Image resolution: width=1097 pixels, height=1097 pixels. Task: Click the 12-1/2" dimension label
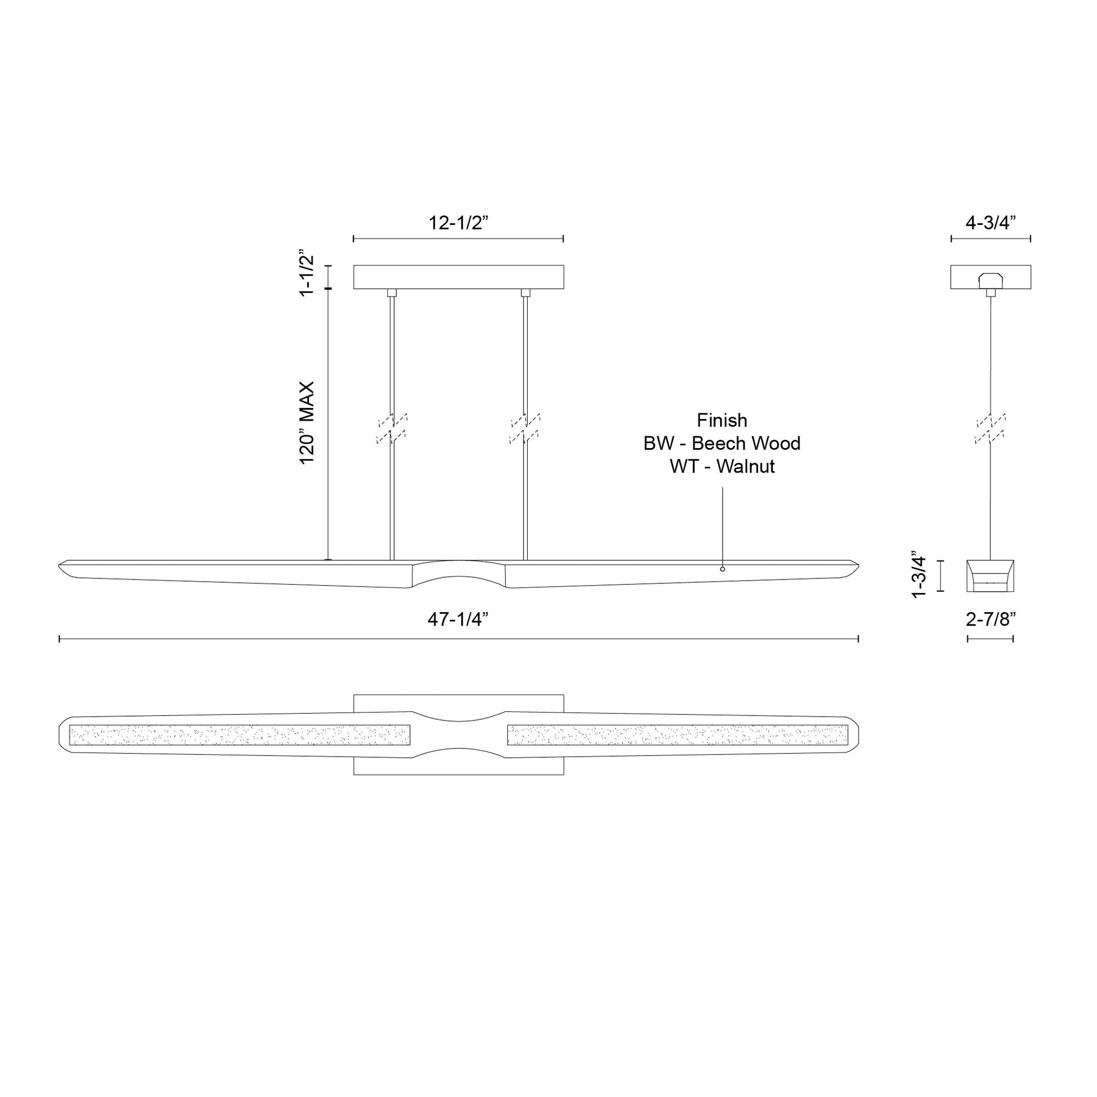click(x=458, y=223)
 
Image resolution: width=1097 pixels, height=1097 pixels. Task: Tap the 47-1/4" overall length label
click(x=458, y=620)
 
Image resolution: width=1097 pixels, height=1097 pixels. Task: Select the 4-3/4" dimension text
click(x=990, y=223)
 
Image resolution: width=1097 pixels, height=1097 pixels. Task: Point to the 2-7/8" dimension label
click(x=990, y=620)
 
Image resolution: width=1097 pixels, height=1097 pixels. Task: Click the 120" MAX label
click(x=307, y=422)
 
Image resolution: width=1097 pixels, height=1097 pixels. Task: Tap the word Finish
click(x=722, y=420)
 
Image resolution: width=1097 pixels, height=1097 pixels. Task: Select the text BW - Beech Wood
click(x=722, y=444)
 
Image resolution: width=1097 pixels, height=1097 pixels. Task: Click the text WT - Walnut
click(x=722, y=466)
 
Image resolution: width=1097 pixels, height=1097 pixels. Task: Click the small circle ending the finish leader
click(x=722, y=569)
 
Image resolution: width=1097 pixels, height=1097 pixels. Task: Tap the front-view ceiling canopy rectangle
click(x=458, y=277)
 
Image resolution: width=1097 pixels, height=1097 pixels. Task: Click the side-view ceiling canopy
click(x=990, y=277)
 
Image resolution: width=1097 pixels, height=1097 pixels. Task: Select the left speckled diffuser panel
click(x=239, y=735)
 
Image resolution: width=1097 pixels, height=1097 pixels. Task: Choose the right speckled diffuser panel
click(x=677, y=735)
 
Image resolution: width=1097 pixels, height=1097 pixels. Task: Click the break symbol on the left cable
click(x=392, y=428)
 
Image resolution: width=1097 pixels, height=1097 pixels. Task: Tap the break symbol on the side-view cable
click(x=990, y=428)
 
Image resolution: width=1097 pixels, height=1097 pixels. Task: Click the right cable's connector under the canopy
click(x=525, y=293)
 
